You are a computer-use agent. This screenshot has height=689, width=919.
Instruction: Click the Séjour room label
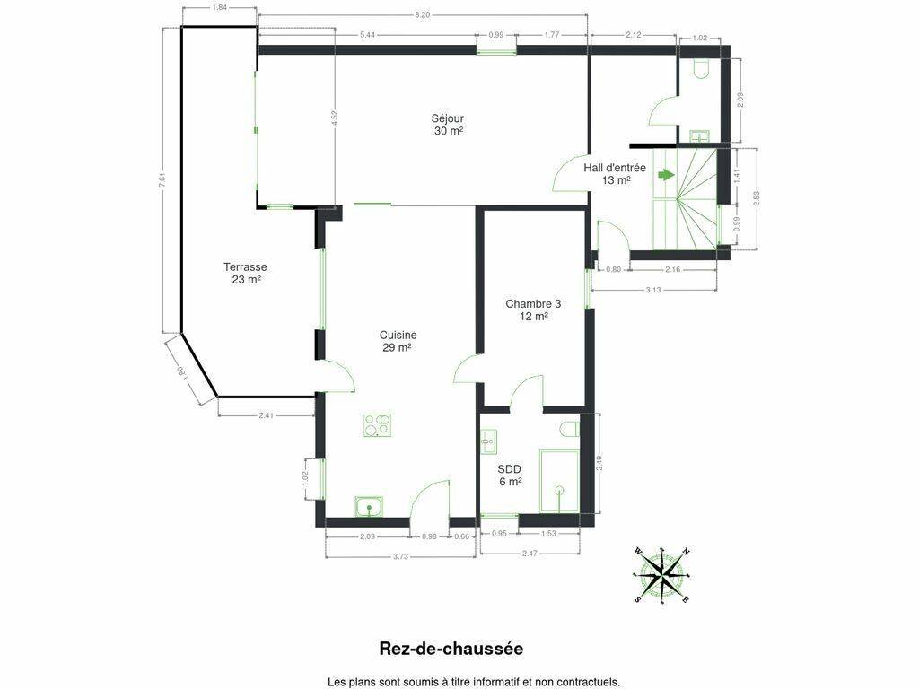tap(449, 125)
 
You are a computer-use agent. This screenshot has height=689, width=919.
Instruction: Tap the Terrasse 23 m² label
tap(246, 273)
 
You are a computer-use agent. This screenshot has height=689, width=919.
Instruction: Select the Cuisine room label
tap(398, 341)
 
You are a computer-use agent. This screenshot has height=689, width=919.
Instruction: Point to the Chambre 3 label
tap(533, 303)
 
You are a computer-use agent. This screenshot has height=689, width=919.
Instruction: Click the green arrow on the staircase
tap(666, 175)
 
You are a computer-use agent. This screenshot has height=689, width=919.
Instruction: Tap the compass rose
tap(661, 575)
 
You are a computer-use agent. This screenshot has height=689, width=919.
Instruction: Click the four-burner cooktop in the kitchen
tap(378, 425)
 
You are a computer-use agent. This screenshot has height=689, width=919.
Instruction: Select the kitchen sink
tap(369, 507)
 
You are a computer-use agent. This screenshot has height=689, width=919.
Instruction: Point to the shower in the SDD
tap(559, 482)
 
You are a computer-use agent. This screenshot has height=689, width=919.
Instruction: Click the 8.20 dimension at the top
tap(422, 15)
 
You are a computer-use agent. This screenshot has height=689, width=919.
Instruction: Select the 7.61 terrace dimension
tap(170, 179)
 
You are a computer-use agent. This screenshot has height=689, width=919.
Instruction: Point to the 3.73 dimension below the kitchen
tap(400, 556)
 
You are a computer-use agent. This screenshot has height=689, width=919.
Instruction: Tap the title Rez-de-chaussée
tap(451, 649)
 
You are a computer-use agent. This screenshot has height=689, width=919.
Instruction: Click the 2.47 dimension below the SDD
tap(530, 553)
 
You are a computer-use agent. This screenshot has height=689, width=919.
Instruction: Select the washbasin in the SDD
tap(487, 441)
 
